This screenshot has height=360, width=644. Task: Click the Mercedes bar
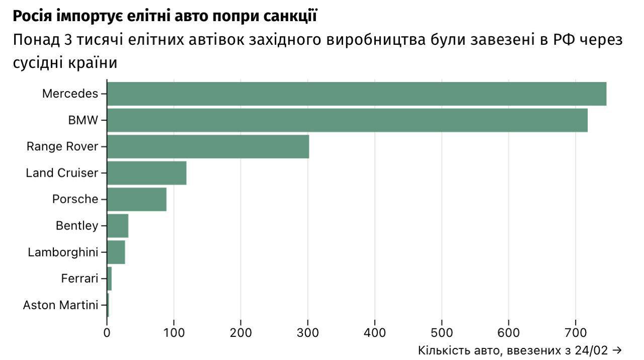pyautogui.click(x=356, y=94)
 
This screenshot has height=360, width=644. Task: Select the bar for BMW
pyautogui.click(x=347, y=120)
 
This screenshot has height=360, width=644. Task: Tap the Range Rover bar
pyautogui.click(x=208, y=147)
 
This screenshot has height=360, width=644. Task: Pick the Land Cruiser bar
pyautogui.click(x=146, y=173)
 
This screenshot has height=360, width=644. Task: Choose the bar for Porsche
pyautogui.click(x=136, y=199)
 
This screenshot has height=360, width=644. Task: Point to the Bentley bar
pyautogui.click(x=118, y=226)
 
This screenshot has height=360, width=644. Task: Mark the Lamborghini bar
pyautogui.click(x=116, y=252)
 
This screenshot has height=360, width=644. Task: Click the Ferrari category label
pyautogui.click(x=79, y=278)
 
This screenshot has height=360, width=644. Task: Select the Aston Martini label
pyautogui.click(x=60, y=305)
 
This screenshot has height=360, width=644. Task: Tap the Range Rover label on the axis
pyautogui.click(x=62, y=147)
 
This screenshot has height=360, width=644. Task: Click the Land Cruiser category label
pyautogui.click(x=62, y=173)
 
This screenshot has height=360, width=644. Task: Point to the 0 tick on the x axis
pyautogui.click(x=107, y=332)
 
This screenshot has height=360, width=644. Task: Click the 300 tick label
pyautogui.click(x=307, y=332)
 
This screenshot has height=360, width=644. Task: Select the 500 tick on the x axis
pyautogui.click(x=442, y=332)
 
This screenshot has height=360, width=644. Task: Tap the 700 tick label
pyautogui.click(x=576, y=332)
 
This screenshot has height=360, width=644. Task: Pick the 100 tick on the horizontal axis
pyautogui.click(x=174, y=332)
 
